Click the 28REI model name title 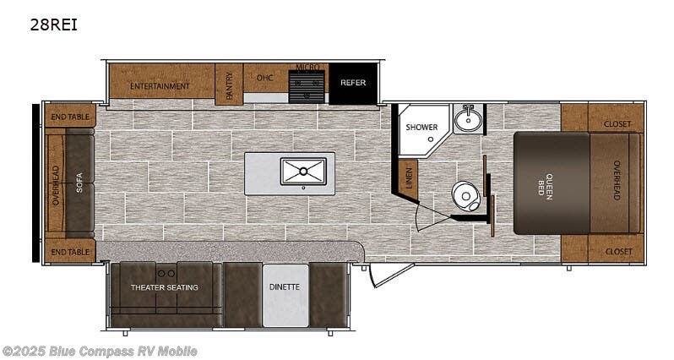click(x=53, y=25)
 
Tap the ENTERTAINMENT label click(x=160, y=86)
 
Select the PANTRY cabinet click(x=229, y=85)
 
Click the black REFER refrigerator click(x=353, y=84)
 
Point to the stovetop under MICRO click(x=307, y=87)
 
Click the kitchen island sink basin click(x=303, y=172)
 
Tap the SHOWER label click(x=421, y=128)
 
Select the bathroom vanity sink click(x=468, y=118)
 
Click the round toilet click(x=466, y=196)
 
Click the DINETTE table click(x=285, y=295)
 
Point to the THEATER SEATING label click(x=165, y=287)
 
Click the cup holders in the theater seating click(x=166, y=274)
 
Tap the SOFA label click(x=79, y=183)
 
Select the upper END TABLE click(x=70, y=116)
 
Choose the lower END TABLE click(x=70, y=251)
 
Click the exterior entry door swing click(x=392, y=275)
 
